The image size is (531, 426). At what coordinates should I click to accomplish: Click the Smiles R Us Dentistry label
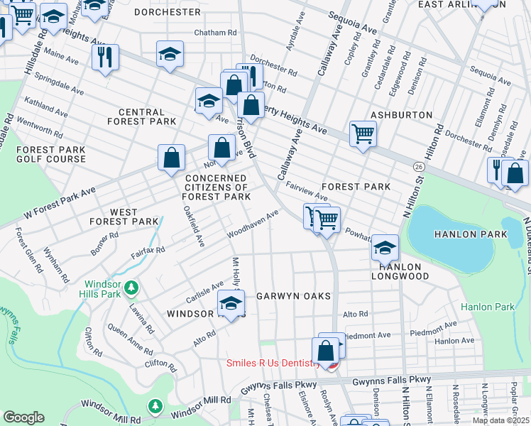click(x=273, y=363)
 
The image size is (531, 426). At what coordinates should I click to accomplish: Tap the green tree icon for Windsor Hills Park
click(x=131, y=288)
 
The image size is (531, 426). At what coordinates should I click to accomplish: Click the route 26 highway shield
click(x=419, y=166)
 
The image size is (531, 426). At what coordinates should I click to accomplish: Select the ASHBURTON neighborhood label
click(x=401, y=114)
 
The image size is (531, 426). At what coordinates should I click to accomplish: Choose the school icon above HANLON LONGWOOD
click(x=384, y=247)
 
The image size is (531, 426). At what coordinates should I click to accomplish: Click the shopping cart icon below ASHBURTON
click(x=363, y=133)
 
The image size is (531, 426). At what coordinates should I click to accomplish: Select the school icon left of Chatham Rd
click(x=170, y=54)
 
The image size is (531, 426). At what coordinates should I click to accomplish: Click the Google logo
click(x=23, y=417)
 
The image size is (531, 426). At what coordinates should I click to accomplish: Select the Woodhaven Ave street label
click(x=253, y=224)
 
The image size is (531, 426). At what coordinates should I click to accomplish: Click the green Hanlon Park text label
click(x=486, y=307)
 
